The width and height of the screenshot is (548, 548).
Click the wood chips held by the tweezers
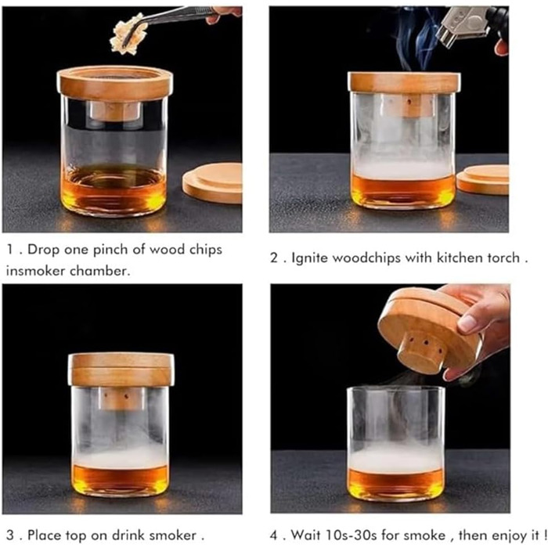pyautogui.click(x=128, y=34)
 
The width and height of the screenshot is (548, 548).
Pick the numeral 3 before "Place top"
pyautogui.click(x=11, y=535)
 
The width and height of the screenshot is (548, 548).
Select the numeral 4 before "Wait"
pyautogui.click(x=275, y=535)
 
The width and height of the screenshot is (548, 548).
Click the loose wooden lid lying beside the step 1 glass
pyautogui.click(x=212, y=182)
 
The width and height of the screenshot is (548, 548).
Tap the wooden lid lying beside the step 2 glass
pyautogui.click(x=483, y=179)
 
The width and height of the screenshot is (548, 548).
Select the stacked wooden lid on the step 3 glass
pyautogui.click(x=121, y=369)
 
